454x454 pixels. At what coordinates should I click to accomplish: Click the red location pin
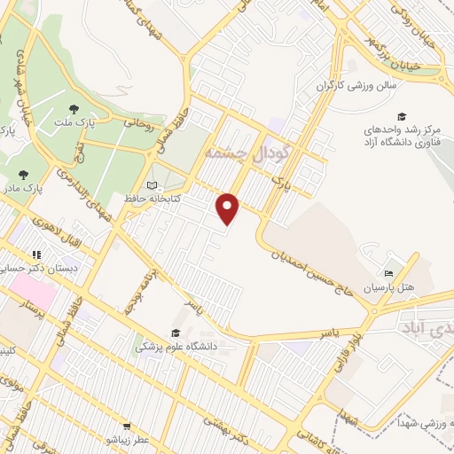229,208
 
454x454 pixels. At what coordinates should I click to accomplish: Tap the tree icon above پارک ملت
73,109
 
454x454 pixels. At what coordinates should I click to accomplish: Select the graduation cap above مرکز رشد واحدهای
402,116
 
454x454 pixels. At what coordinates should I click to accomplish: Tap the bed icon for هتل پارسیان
388,273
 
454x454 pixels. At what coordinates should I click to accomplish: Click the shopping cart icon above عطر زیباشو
128,426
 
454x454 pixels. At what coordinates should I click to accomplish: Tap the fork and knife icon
36,255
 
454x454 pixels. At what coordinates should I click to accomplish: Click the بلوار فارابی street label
351,350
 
